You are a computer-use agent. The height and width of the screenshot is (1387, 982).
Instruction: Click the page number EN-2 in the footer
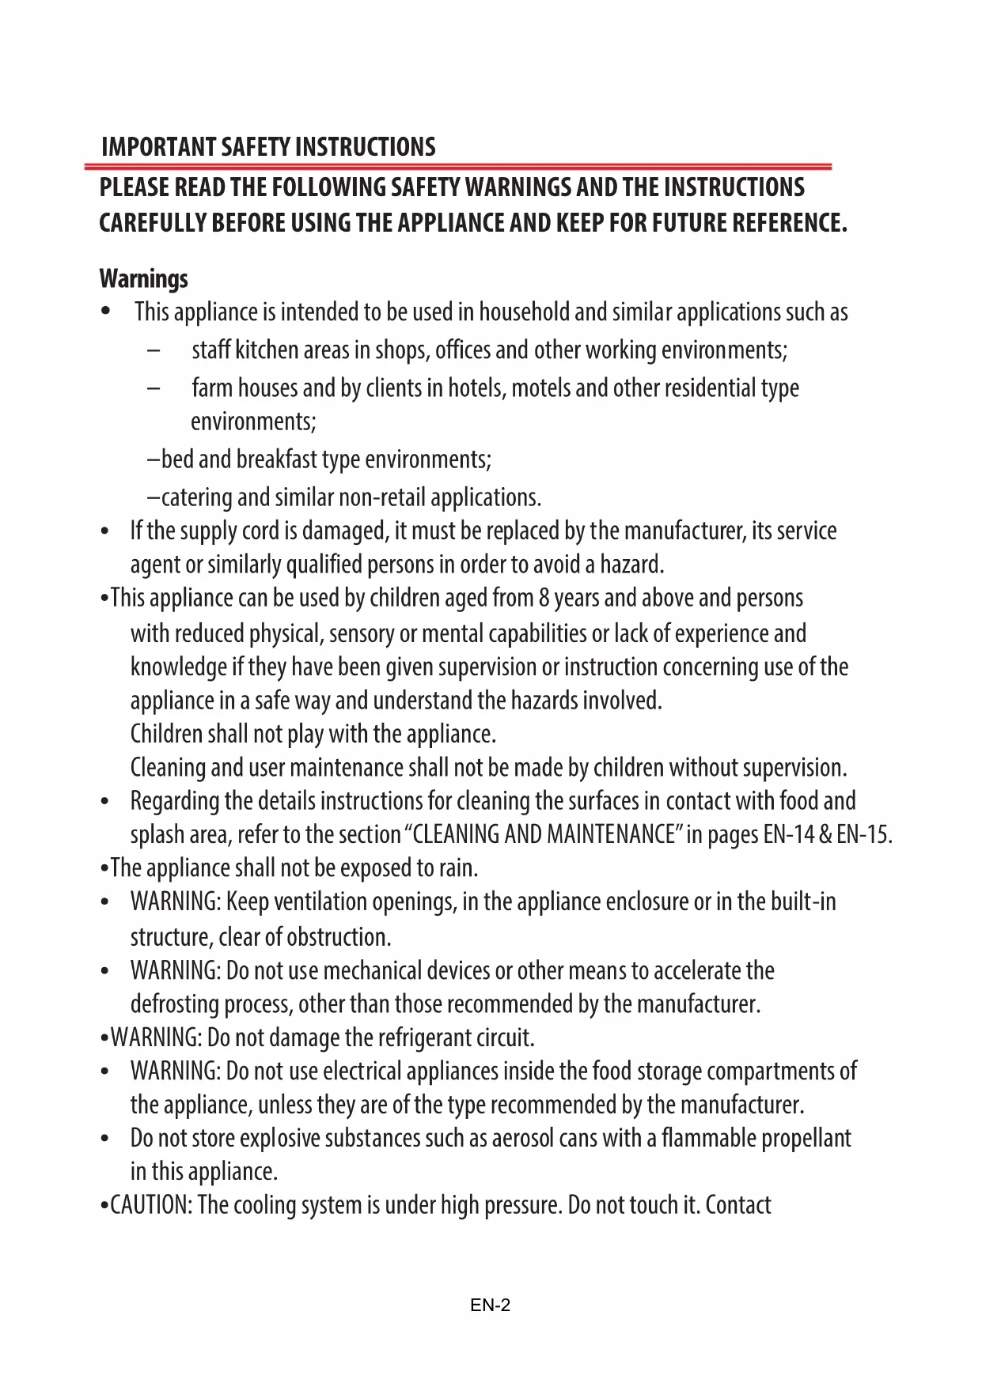click(490, 1306)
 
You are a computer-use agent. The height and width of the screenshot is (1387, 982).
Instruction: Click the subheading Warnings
click(143, 278)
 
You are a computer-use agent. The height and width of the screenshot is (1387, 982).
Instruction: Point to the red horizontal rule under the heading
click(458, 167)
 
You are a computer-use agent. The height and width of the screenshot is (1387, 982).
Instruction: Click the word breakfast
click(276, 459)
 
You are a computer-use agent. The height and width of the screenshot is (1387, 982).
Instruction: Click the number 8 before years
click(544, 598)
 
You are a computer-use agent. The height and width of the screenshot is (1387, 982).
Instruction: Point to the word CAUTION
click(150, 1205)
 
